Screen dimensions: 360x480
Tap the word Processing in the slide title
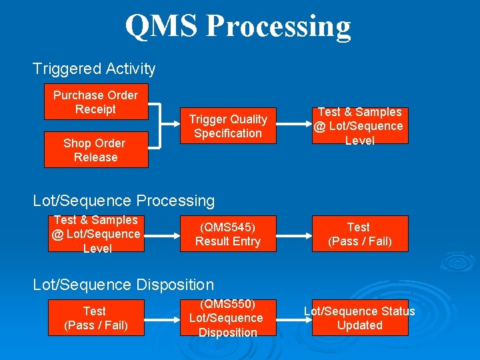click(278, 27)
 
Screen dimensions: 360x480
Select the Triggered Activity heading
click(94, 69)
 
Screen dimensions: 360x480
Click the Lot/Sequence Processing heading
click(124, 200)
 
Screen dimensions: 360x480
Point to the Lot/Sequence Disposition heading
click(123, 285)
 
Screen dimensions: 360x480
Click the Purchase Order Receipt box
click(95, 102)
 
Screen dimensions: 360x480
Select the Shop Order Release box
click(95, 150)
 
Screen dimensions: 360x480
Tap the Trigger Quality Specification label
click(228, 126)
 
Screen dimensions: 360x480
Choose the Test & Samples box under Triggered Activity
click(360, 126)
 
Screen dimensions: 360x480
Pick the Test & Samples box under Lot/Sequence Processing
click(95, 234)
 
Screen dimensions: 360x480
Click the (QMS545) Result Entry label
click(228, 234)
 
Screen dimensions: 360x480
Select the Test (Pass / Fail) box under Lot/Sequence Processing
click(360, 234)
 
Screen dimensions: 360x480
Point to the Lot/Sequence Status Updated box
click(360, 318)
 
